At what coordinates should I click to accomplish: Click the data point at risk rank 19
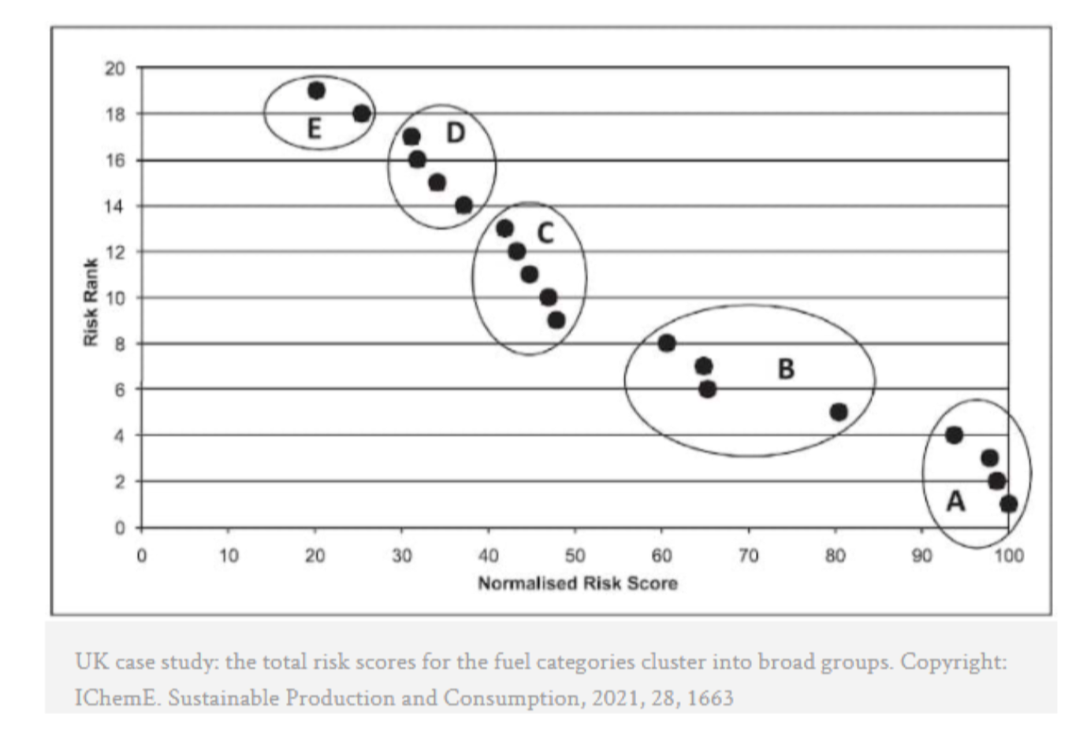pos(316,91)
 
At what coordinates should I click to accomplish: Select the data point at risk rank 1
pos(1008,504)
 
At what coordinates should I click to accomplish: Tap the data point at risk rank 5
pos(839,412)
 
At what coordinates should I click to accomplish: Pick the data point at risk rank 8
pos(667,343)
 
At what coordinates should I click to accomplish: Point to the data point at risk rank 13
pos(504,228)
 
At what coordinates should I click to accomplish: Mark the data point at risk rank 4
pos(954,435)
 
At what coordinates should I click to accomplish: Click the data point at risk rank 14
pos(463,206)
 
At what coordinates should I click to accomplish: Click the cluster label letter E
pos(314,128)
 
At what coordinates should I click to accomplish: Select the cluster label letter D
pos(456,134)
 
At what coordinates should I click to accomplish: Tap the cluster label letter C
pos(545,233)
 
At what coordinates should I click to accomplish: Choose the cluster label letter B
pos(786,368)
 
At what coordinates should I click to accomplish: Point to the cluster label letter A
pos(955,501)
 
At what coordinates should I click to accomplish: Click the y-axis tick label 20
pos(115,69)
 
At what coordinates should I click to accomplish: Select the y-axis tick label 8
pos(119,343)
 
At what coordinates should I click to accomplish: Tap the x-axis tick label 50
pos(575,556)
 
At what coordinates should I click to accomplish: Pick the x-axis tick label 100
pos(1008,556)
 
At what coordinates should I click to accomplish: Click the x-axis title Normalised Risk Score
pos(578,583)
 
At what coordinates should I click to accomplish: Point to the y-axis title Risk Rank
pos(91,302)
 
